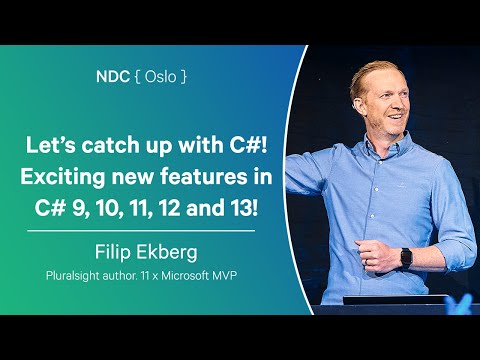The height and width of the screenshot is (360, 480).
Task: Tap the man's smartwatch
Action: [x=405, y=258]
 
